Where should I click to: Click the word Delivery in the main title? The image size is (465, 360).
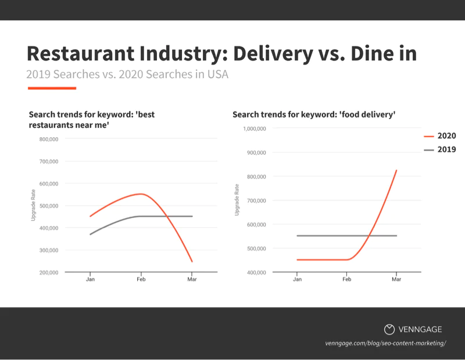pyautogui.click(x=273, y=54)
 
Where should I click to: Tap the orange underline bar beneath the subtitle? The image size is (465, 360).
pyautogui.click(x=52, y=88)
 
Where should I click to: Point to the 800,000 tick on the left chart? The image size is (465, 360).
pyautogui.click(x=49, y=139)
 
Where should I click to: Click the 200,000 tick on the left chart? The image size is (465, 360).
pyautogui.click(x=49, y=272)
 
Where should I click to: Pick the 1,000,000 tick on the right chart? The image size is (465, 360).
pyautogui.click(x=255, y=129)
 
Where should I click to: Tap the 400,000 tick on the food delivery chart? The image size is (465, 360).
pyautogui.click(x=256, y=272)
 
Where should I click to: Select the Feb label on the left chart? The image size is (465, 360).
pyautogui.click(x=141, y=279)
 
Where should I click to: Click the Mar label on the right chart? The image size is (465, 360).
pyautogui.click(x=396, y=279)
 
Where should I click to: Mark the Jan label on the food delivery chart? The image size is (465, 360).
pyautogui.click(x=297, y=279)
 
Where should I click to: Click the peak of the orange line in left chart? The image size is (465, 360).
pyautogui.click(x=141, y=194)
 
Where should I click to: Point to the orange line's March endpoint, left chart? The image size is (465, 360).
pyautogui.click(x=192, y=262)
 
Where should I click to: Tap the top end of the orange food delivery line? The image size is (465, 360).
pyautogui.click(x=396, y=170)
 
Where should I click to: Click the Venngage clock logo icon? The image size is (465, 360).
pyautogui.click(x=389, y=329)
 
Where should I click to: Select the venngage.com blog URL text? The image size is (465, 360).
pyautogui.click(x=385, y=343)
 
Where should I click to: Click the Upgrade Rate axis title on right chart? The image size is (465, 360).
pyautogui.click(x=237, y=199)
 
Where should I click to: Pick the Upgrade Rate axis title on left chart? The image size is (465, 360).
pyautogui.click(x=33, y=205)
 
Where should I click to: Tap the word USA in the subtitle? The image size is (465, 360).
pyautogui.click(x=217, y=74)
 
